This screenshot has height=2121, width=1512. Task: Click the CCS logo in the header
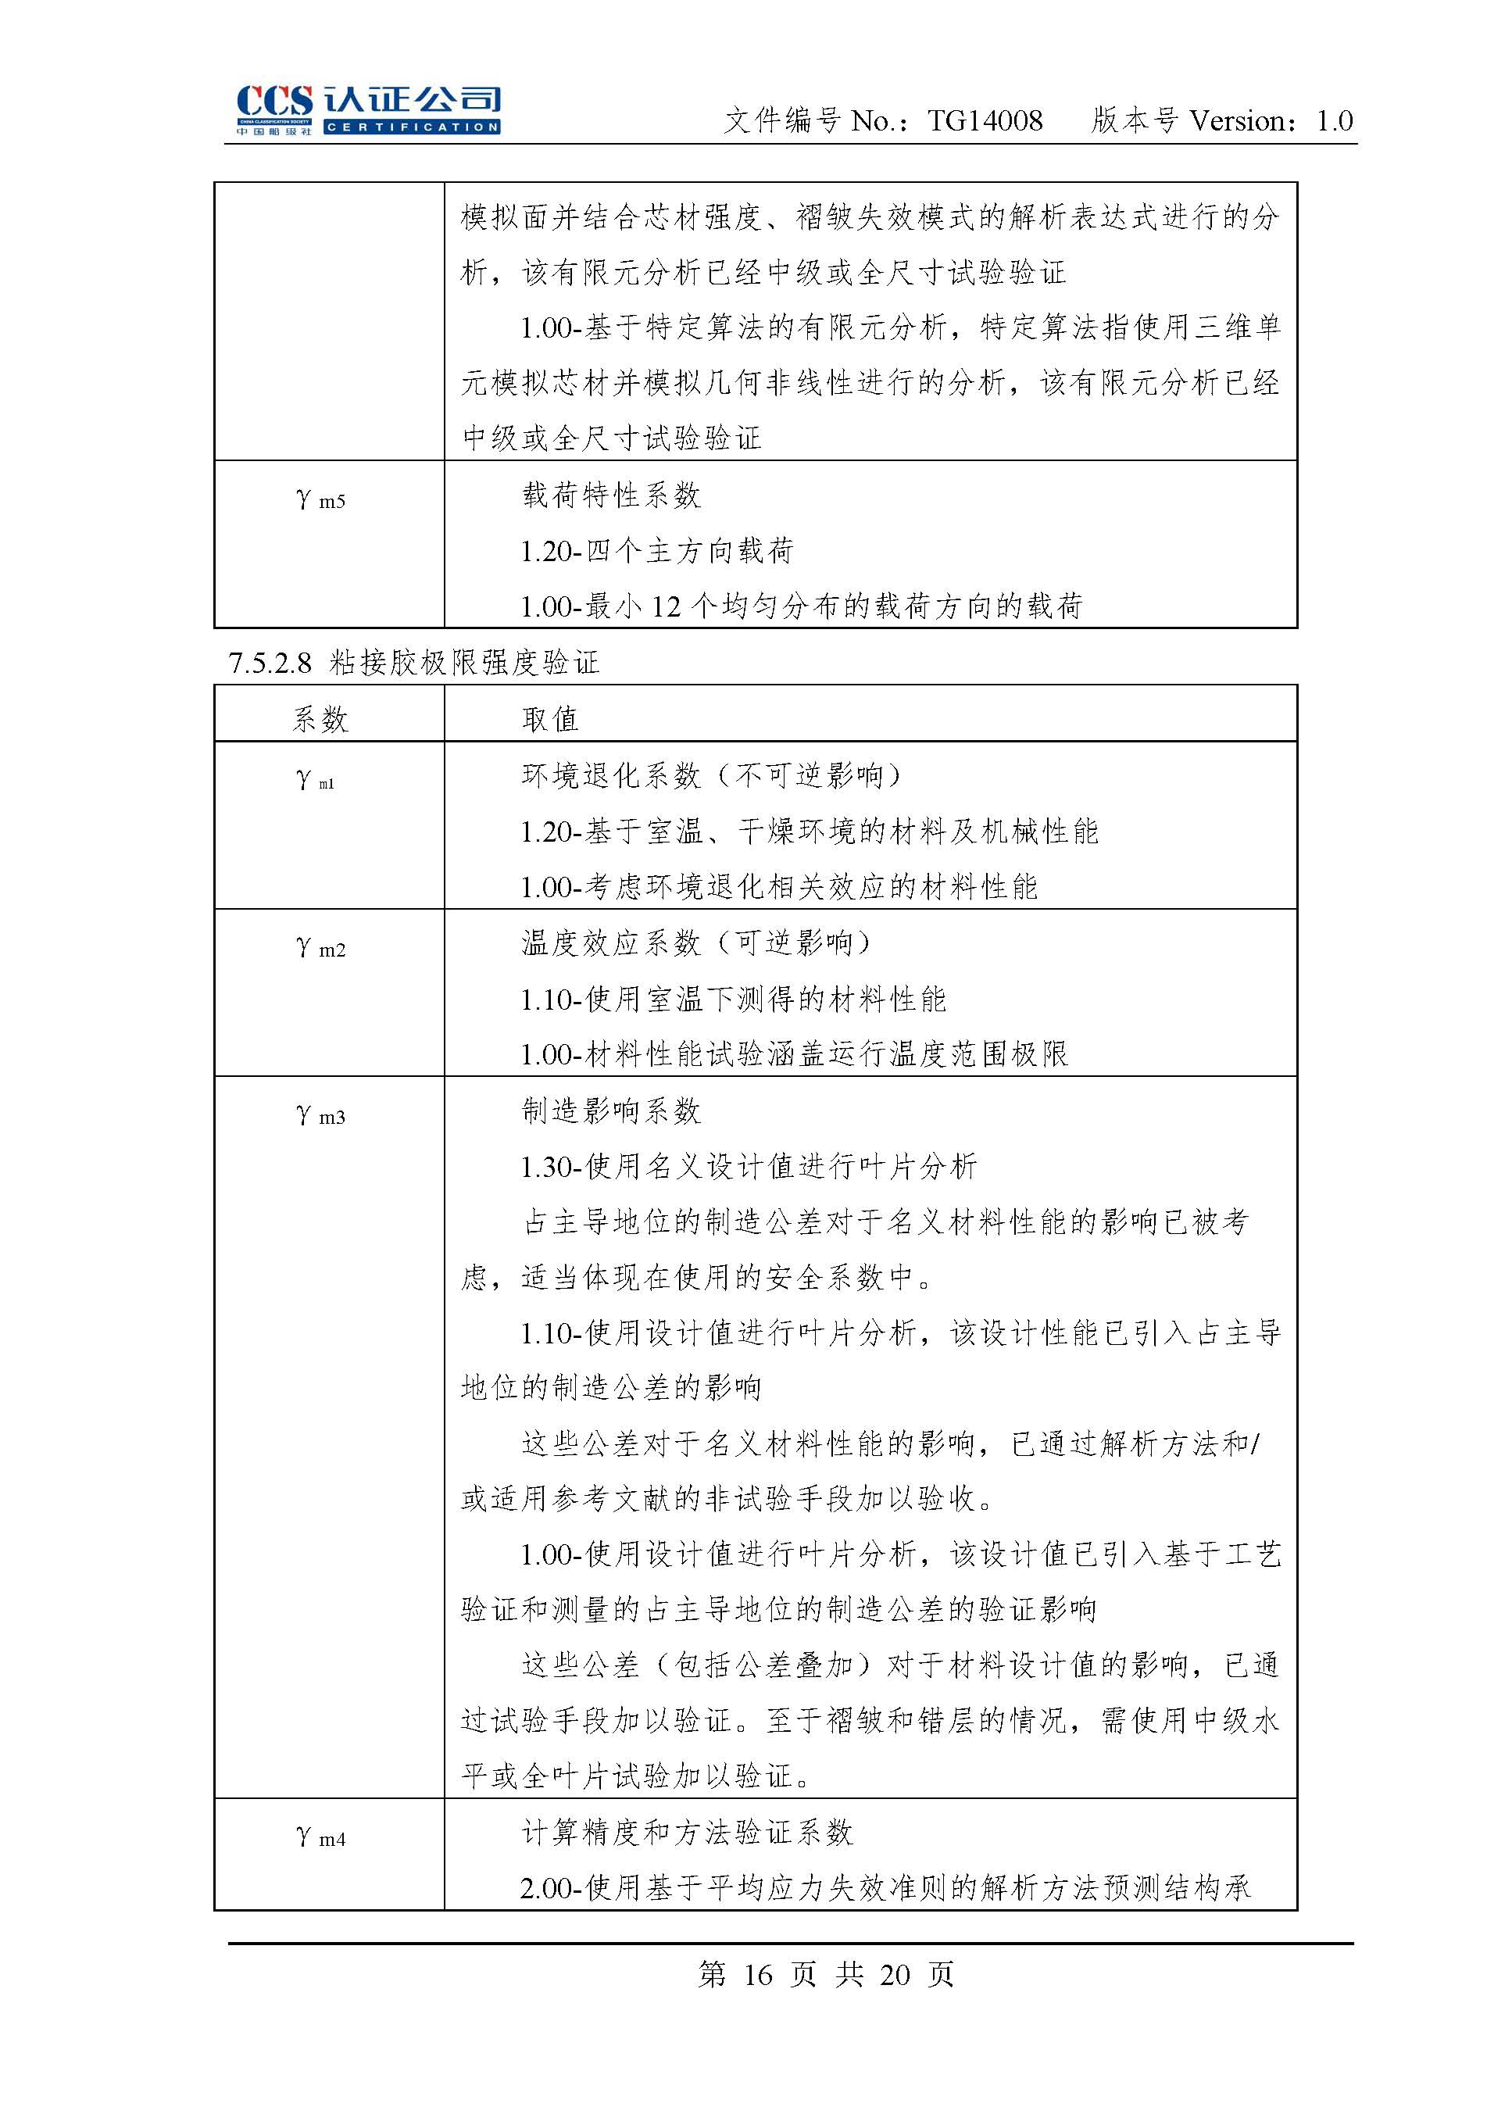coord(368,110)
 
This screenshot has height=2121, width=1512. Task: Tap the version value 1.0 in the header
coord(1334,121)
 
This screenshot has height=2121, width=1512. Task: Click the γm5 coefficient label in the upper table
coord(320,499)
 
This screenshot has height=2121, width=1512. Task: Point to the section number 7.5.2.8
coord(270,663)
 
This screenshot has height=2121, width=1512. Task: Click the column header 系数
coord(320,718)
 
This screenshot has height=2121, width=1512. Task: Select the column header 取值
coord(550,718)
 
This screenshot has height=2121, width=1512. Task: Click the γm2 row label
coord(320,947)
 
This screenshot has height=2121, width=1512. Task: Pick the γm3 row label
coord(320,1114)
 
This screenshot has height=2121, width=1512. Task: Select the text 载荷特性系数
coord(611,495)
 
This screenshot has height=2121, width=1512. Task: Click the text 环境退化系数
coord(611,775)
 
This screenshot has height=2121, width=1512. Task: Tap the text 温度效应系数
coord(611,943)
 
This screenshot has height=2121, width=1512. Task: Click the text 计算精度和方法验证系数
coord(687,1833)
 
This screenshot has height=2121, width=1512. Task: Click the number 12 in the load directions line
coord(666,607)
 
